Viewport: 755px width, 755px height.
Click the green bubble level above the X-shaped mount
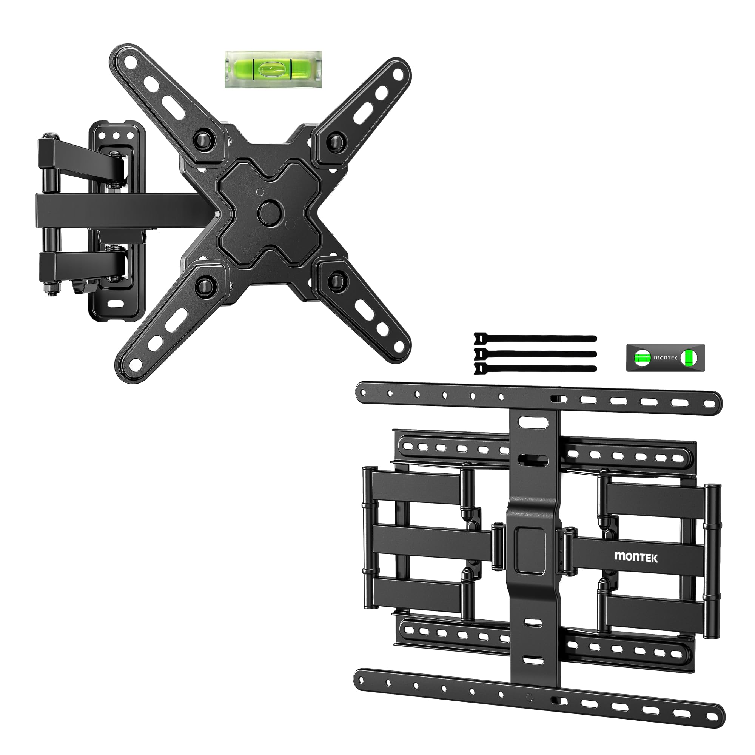pos(273,69)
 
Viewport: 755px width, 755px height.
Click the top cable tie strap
pos(535,338)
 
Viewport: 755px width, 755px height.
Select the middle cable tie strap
pos(535,354)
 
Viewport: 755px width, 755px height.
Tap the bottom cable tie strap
pos(535,368)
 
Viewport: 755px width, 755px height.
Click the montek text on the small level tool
pos(665,357)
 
